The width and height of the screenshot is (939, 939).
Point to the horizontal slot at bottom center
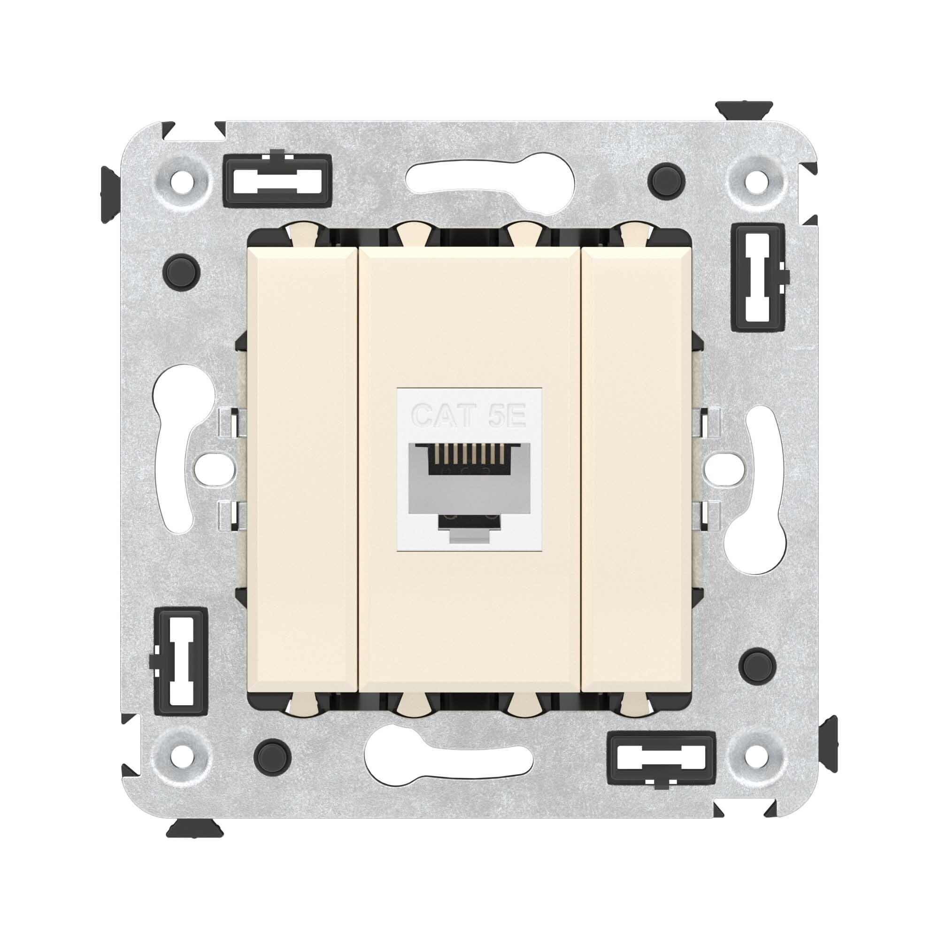447,755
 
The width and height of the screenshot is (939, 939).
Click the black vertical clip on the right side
758,277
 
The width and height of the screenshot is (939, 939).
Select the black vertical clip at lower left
181,662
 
